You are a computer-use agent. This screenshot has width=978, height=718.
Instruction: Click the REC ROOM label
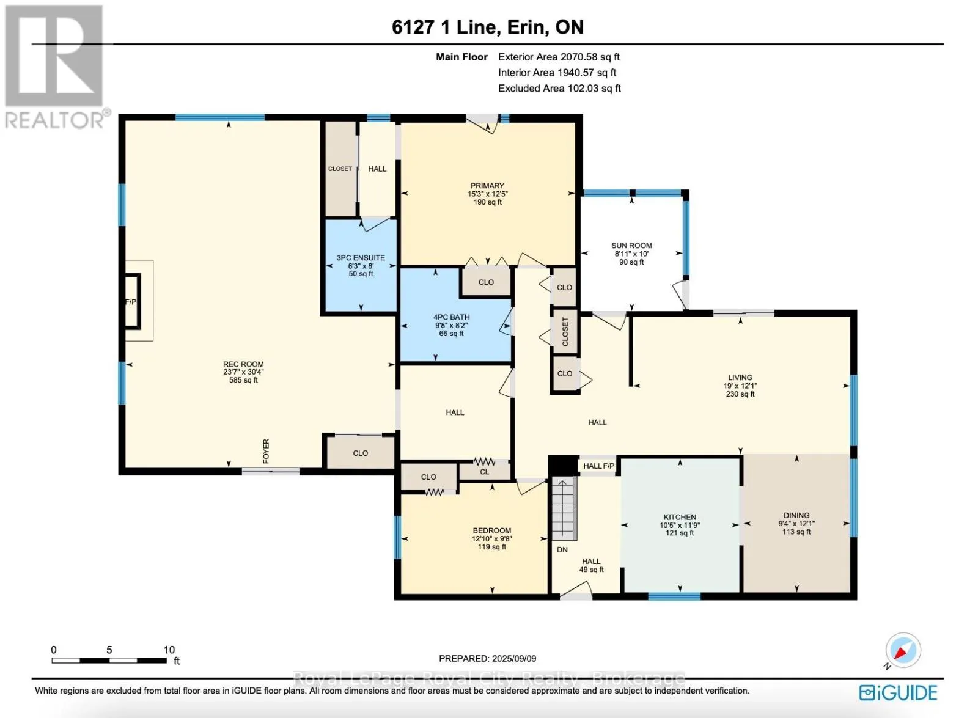[x=243, y=364]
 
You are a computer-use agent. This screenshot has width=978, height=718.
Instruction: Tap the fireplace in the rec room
[x=133, y=301]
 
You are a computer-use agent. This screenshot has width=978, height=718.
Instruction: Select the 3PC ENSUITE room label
[x=361, y=257]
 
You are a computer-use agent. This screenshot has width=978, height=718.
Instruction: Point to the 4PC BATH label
[x=452, y=317]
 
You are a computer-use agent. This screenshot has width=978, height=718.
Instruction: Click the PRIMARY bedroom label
[x=487, y=186]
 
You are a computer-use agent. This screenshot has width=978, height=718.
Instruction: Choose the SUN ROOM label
[x=631, y=245]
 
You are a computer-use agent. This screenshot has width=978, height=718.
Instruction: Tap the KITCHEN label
[x=680, y=517]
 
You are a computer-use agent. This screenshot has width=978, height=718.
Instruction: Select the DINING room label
[x=796, y=516]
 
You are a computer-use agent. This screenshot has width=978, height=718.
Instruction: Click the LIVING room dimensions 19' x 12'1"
[x=740, y=386]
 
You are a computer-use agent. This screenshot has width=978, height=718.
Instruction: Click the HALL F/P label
[x=598, y=466]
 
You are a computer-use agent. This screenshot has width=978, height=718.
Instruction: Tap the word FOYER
[x=266, y=451]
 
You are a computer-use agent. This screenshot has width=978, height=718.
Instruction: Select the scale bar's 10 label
[x=169, y=650]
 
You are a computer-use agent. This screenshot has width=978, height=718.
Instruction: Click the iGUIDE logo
[x=898, y=693]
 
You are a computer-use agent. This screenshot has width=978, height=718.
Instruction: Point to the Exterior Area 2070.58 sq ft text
[x=559, y=57]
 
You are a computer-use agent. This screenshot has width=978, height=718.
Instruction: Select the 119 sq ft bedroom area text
[x=491, y=547]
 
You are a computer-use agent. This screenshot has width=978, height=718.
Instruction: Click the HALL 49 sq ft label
[x=591, y=565]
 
